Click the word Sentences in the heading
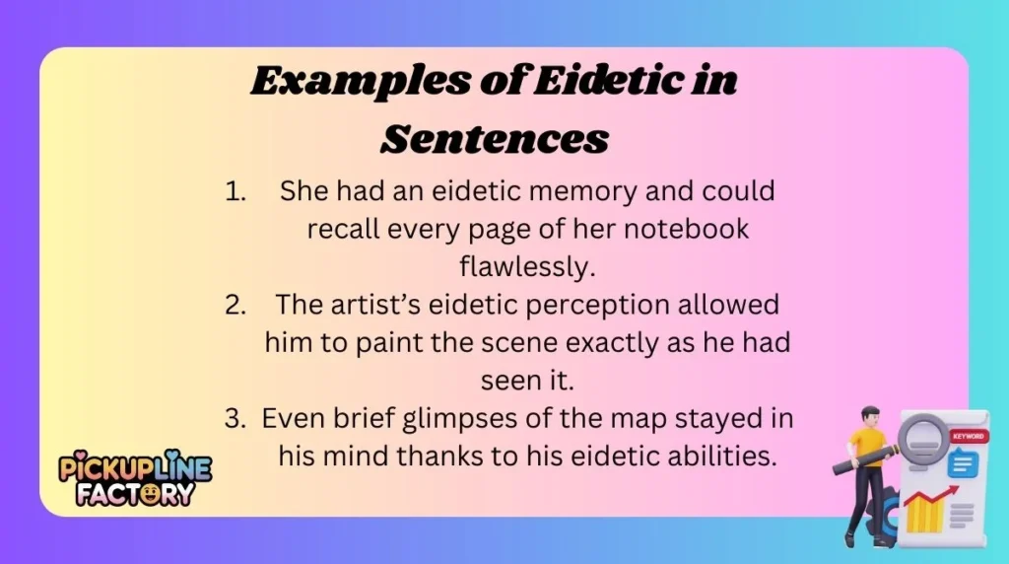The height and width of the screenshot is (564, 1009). click(494, 138)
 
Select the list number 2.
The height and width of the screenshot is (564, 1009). click(235, 305)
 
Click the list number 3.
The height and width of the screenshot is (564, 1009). click(235, 418)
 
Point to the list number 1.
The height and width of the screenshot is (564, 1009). click(235, 191)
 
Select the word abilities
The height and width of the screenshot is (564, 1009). click(709, 456)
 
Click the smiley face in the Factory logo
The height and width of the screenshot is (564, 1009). click(151, 492)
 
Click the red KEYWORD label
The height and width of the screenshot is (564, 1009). click(968, 435)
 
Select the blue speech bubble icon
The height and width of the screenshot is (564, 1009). click(962, 462)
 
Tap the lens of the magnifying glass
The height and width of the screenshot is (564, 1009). click(920, 434)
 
